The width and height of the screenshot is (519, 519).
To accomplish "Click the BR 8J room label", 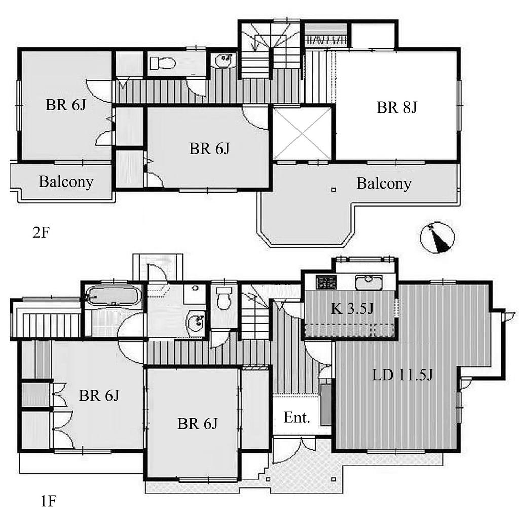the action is pyautogui.click(x=396, y=107).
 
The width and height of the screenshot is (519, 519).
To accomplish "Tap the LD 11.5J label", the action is pyautogui.click(x=402, y=375).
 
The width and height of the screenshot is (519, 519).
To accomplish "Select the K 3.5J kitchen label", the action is pyautogui.click(x=352, y=309).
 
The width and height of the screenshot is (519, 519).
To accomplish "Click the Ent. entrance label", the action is pyautogui.click(x=296, y=418).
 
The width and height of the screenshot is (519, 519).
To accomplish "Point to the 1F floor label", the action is pyautogui.click(x=48, y=501).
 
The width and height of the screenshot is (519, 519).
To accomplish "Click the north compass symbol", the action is pyautogui.click(x=437, y=238).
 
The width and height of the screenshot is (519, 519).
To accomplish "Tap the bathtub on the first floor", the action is pyautogui.click(x=112, y=296).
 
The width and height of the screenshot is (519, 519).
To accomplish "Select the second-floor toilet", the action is pyautogui.click(x=162, y=63).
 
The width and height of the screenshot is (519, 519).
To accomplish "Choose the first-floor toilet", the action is pyautogui.click(x=224, y=298).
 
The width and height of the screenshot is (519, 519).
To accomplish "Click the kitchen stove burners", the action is pyautogui.click(x=326, y=282).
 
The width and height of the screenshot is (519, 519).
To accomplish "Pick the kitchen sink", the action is pyautogui.click(x=369, y=282).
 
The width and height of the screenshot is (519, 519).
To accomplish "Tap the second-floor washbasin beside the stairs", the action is pyautogui.click(x=224, y=61).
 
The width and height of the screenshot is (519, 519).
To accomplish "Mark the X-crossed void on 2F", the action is pyautogui.click(x=302, y=133).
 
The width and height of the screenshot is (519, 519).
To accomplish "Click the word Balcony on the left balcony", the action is pyautogui.click(x=66, y=182).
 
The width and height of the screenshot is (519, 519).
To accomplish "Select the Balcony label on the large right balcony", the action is pyautogui.click(x=384, y=183).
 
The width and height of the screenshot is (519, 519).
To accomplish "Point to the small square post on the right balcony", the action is pyautogui.click(x=333, y=190).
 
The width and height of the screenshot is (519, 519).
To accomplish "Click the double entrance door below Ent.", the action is pyautogui.click(x=294, y=449).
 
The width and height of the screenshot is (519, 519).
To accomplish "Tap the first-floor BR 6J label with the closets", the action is pyautogui.click(x=99, y=395).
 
